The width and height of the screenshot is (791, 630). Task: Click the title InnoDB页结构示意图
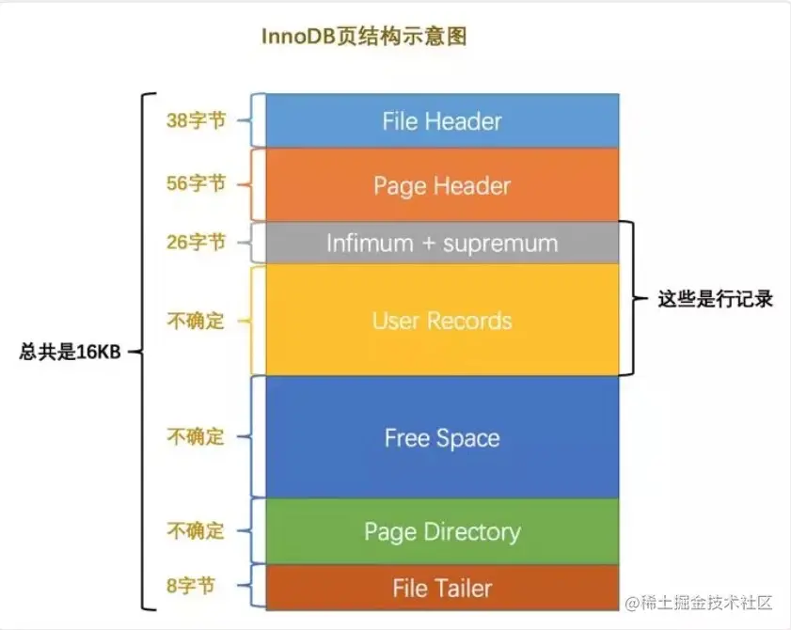[364, 37]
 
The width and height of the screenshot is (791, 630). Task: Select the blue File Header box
[441, 120]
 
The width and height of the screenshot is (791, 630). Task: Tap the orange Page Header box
[441, 185]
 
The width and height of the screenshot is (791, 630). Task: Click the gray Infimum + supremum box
[441, 244]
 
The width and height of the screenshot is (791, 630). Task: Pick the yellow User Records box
[441, 321]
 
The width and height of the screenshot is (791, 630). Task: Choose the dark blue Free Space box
[441, 438]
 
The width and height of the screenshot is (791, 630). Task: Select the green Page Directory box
[441, 532]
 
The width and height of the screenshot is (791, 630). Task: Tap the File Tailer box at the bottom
[441, 589]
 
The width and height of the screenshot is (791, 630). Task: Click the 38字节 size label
[196, 120]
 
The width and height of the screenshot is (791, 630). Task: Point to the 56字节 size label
[196, 183]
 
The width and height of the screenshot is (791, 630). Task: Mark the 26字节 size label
[196, 243]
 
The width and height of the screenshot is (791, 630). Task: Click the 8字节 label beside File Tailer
[190, 587]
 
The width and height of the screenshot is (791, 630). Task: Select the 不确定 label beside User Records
[196, 321]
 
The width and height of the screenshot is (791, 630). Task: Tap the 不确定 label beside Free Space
[196, 437]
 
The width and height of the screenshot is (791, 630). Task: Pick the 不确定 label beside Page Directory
[196, 531]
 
